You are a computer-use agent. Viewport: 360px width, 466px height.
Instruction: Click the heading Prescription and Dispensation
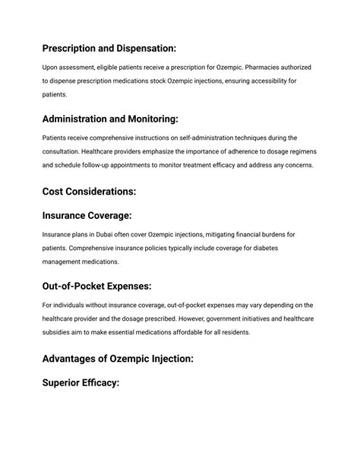coord(109,47)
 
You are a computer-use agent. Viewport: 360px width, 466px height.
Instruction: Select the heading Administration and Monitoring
coord(111,119)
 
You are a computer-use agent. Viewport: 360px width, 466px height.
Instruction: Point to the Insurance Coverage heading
coord(87,215)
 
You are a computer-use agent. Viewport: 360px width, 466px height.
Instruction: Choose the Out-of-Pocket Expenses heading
coord(97,286)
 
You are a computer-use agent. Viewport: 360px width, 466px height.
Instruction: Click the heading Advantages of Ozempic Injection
coord(118,358)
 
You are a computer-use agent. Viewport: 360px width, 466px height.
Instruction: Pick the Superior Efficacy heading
coord(81,383)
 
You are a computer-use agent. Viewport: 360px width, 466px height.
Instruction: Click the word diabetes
coord(294,248)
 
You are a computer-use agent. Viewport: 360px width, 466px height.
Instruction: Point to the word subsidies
coord(58,333)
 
